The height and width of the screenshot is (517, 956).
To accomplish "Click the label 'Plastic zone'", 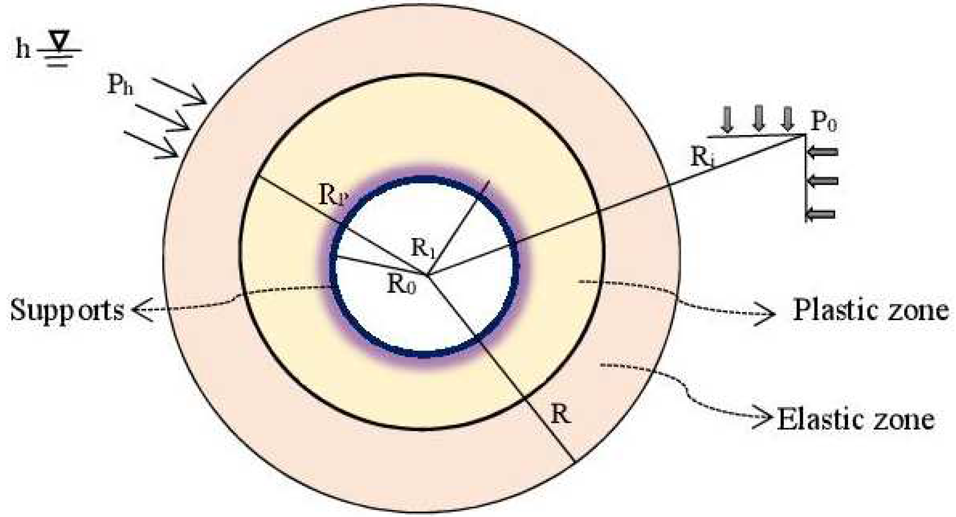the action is click(870, 311).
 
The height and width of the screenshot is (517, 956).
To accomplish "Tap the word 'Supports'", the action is click(67, 311).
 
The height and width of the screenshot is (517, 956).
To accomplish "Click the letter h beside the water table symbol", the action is click(23, 50).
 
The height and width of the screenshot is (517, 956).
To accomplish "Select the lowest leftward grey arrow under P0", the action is click(821, 213).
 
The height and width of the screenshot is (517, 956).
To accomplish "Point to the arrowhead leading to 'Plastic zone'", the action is click(766, 314).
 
